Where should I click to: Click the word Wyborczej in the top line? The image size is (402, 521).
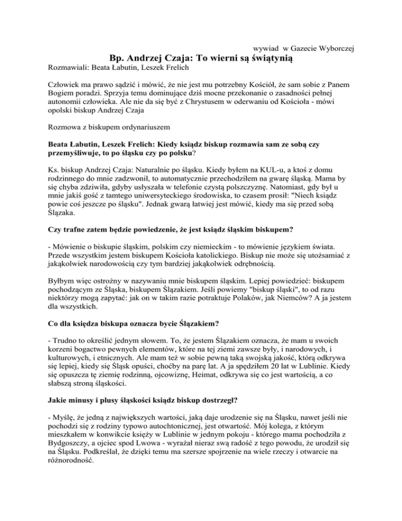click(x=335, y=48)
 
